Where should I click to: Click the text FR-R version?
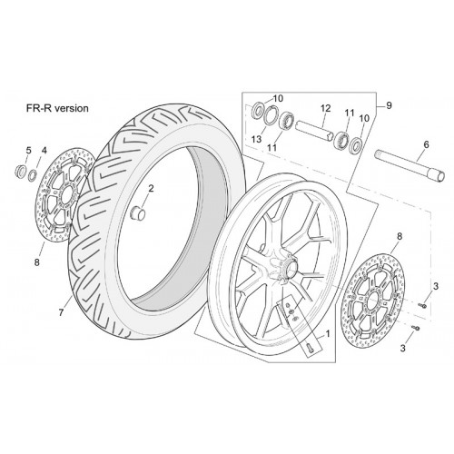57,108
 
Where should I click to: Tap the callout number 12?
326,108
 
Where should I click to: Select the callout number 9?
389,105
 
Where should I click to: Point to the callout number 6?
426,144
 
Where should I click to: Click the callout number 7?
62,312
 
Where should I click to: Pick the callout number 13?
256,139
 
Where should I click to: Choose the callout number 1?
327,333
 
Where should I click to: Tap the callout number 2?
151,189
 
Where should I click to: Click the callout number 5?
28,150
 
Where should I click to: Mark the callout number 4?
44,150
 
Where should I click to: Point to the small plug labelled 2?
137,212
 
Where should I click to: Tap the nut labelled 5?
21,172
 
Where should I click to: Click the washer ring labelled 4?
33,175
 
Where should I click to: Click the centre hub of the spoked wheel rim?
288,266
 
